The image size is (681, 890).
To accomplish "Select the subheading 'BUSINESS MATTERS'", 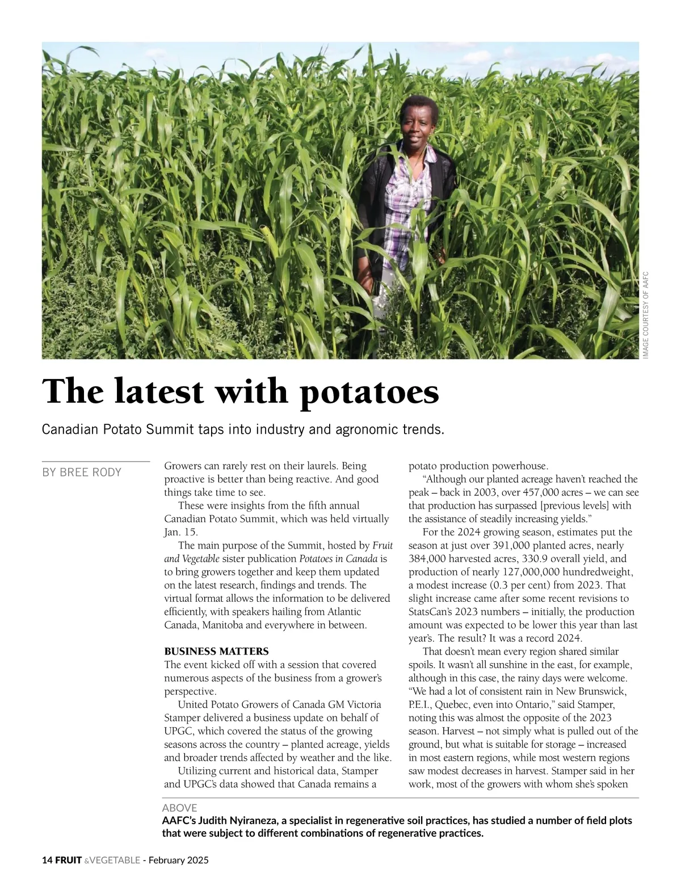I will pos(216,651).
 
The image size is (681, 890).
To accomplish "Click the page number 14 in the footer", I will pos(47,860).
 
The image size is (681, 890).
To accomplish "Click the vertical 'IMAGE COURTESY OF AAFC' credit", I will pos(645,315).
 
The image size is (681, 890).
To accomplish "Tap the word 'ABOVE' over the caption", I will pos(179,808).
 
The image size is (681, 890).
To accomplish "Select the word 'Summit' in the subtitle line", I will pos(170,429).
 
